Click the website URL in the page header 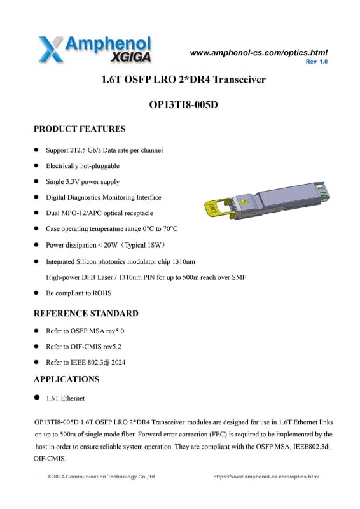coord(259,52)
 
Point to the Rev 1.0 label coord(316,62)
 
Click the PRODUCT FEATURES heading coord(80,129)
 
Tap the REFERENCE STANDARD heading coord(85,313)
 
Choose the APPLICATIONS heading coord(66,379)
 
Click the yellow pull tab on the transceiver coord(212,206)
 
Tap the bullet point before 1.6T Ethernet coord(37,398)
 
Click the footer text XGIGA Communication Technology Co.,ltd coord(101,477)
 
